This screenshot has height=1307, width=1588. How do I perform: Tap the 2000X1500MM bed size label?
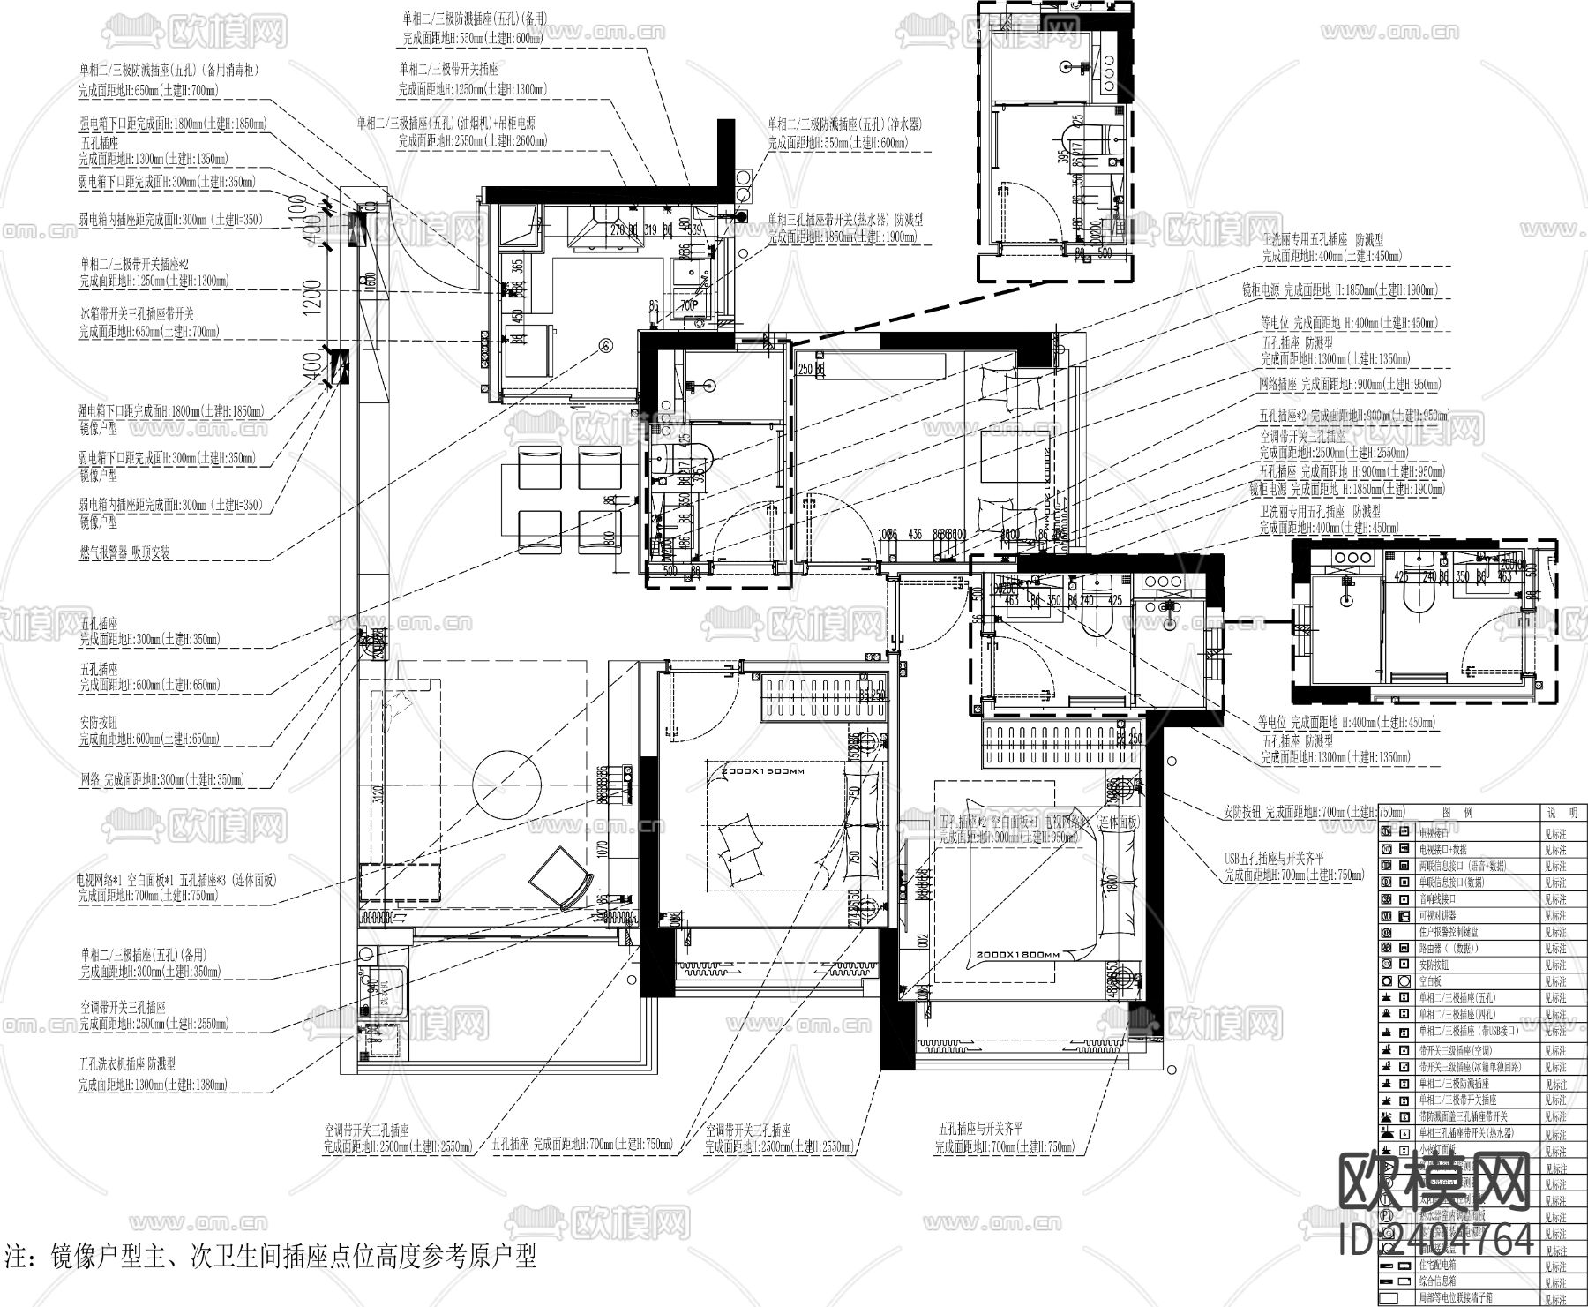pos(763,771)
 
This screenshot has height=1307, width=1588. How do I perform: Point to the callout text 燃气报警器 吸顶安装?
pos(124,553)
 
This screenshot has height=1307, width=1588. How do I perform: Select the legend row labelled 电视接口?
pos(1438,832)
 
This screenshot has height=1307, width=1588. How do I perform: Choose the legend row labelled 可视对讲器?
pos(1438,915)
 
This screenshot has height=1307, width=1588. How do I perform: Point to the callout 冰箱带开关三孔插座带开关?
pos(137,313)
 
